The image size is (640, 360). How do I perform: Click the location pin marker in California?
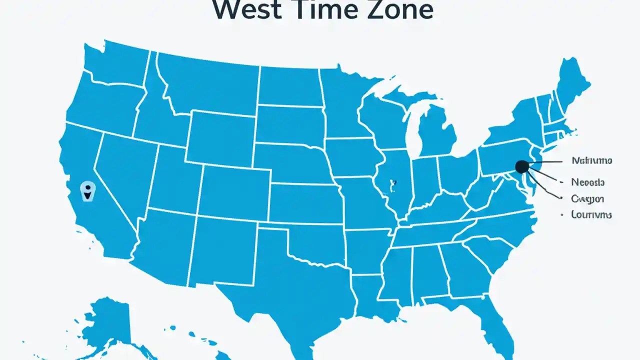87,190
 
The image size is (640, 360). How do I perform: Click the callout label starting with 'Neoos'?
588,182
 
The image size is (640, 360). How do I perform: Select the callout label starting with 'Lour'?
591,214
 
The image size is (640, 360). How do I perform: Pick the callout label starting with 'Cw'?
587,198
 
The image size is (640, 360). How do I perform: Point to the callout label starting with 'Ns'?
591,161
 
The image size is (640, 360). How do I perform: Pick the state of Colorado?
235,192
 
